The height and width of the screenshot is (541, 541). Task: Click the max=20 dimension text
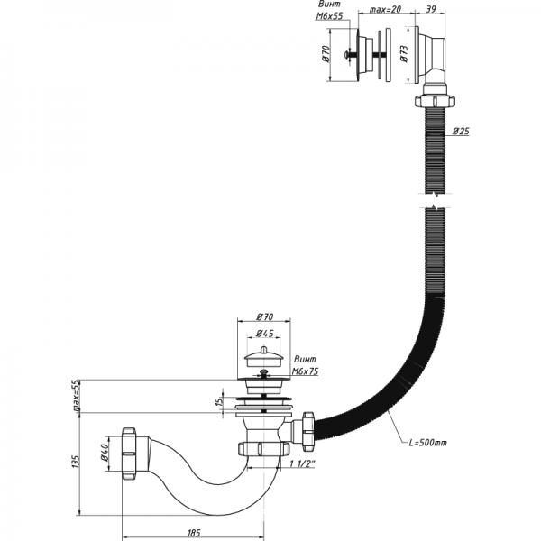click(385, 10)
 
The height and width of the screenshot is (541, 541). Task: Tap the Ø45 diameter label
click(265, 334)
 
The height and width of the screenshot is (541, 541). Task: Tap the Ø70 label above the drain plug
click(265, 317)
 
